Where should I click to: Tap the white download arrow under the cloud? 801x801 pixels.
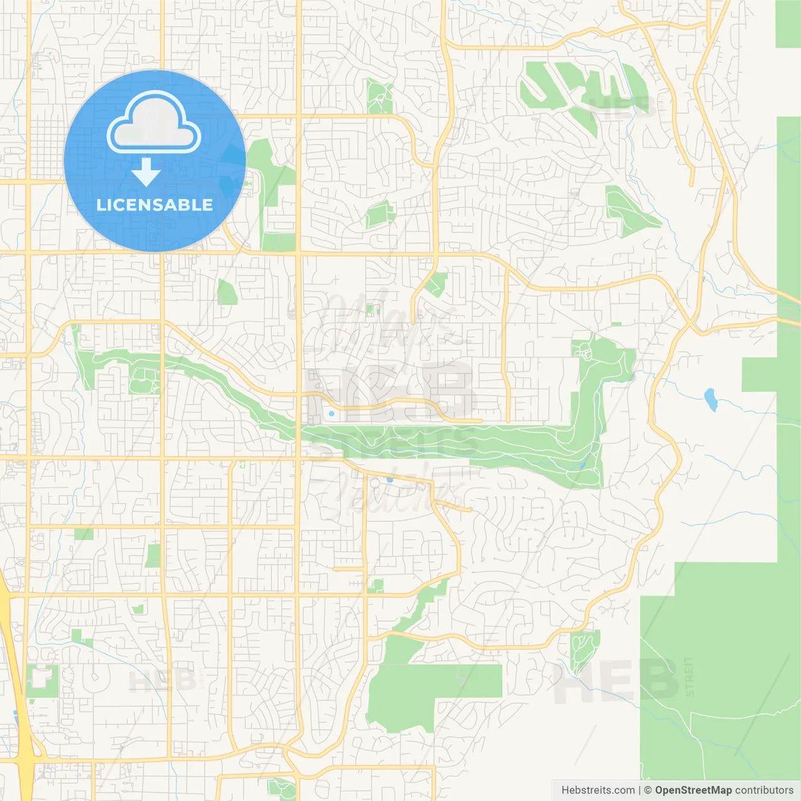click(x=146, y=172)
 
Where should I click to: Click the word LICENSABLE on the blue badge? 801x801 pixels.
click(x=155, y=205)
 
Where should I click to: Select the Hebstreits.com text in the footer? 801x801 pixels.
click(x=598, y=790)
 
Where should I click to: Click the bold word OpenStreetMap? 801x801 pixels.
click(x=693, y=790)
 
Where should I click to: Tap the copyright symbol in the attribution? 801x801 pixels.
click(x=648, y=790)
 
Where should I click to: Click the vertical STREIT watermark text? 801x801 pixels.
click(x=689, y=676)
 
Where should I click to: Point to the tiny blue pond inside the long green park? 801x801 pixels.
click(x=582, y=465)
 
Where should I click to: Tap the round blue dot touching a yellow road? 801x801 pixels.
click(x=389, y=480)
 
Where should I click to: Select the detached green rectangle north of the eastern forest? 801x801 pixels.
click(x=788, y=24)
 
